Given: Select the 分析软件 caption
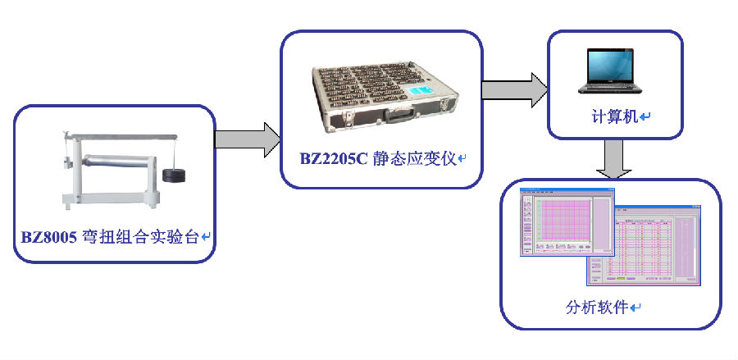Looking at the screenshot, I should (x=597, y=308).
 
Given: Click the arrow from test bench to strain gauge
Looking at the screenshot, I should (x=246, y=139).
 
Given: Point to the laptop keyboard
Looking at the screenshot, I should (x=613, y=84).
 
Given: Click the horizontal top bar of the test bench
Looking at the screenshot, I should (x=123, y=136).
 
